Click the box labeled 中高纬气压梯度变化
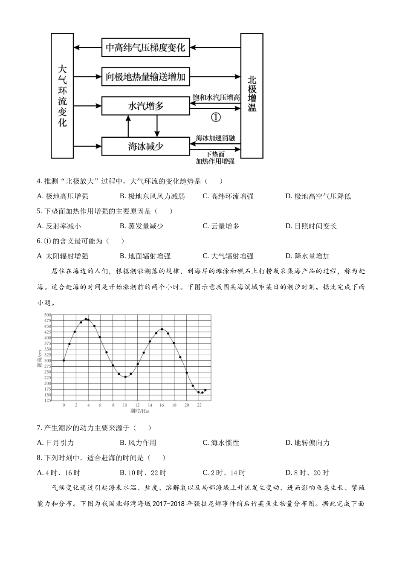coord(145,47)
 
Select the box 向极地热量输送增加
coord(145,77)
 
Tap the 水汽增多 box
coord(145,106)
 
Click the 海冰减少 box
coord(145,146)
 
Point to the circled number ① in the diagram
coord(216,117)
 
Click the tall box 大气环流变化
coord(62,95)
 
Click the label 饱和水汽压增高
coord(216,98)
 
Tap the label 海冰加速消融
coord(215,138)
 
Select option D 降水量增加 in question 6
coord(307,256)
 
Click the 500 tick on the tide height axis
coord(47,315)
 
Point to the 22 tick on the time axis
coord(199,405)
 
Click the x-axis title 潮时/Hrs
coord(140,411)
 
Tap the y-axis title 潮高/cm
coord(40,358)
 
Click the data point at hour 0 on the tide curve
coord(64,360)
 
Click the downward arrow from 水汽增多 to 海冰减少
coord(157,126)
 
